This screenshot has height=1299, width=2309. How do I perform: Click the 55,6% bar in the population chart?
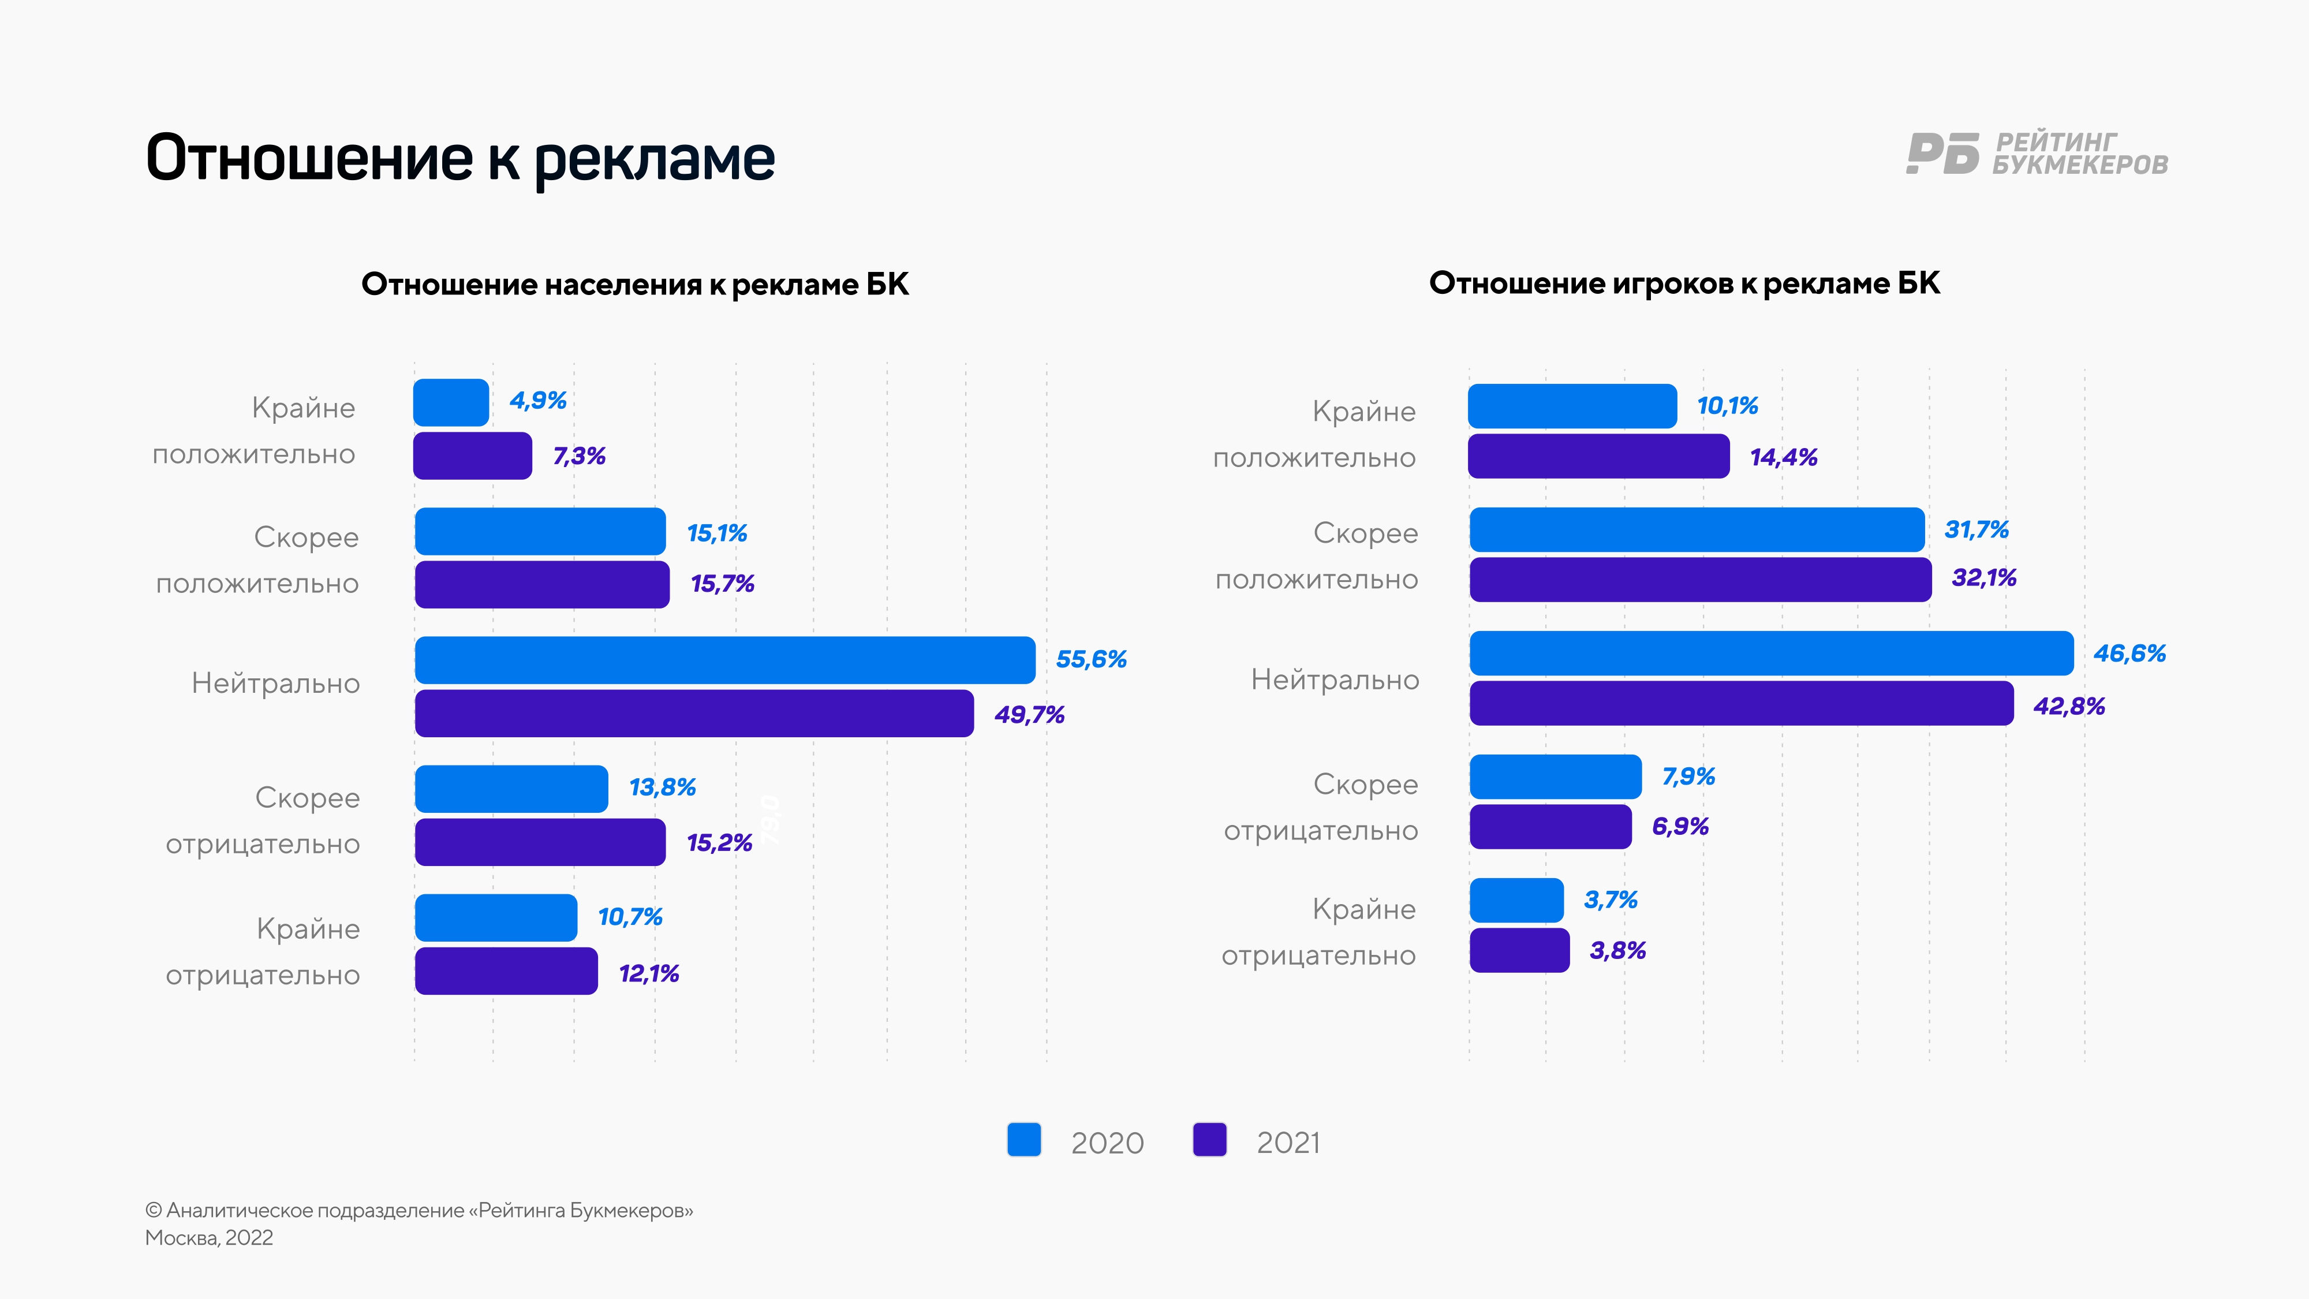[724, 660]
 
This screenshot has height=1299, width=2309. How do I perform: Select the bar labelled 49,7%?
[694, 714]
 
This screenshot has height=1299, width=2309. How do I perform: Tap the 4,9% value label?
[538, 400]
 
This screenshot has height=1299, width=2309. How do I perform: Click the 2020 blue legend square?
[1023, 1140]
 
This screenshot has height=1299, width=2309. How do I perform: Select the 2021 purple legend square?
[1209, 1140]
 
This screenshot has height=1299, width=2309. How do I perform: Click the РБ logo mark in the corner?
[1941, 154]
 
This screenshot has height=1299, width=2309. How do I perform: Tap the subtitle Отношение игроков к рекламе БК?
[1684, 283]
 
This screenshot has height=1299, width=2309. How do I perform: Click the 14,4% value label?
[1783, 457]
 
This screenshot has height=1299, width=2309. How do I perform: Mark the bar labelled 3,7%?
[1516, 900]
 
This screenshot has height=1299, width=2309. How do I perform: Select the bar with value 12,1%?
[506, 971]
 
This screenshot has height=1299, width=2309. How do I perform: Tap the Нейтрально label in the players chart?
[1335, 680]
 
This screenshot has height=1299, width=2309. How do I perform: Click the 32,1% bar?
[1701, 579]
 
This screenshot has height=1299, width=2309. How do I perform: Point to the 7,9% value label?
[1688, 777]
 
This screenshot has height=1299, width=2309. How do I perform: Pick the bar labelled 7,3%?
[472, 456]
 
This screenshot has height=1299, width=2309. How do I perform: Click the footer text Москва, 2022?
[209, 1238]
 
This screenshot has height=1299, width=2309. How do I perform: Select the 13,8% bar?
[511, 789]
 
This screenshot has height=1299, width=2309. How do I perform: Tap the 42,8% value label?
[2069, 707]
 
